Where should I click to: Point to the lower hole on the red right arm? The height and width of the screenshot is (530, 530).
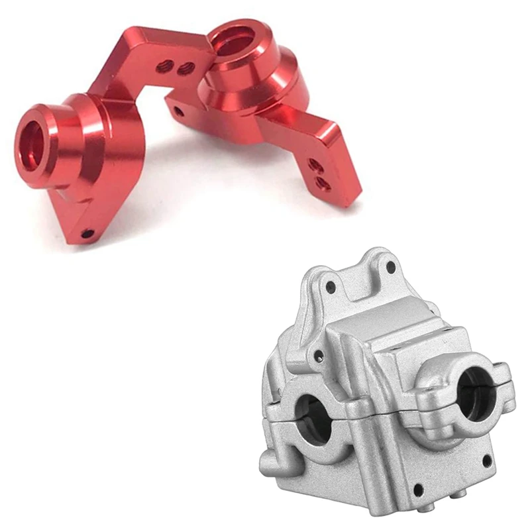(x=323, y=182)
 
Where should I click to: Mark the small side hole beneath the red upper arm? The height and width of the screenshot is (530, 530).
(x=178, y=112)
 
